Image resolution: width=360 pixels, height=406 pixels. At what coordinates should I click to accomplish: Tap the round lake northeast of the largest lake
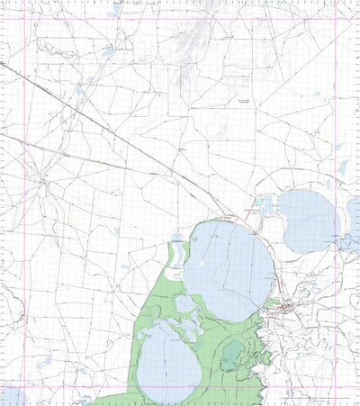tap(309, 221)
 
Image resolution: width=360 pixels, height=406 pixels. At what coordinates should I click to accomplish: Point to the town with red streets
tap(286, 311)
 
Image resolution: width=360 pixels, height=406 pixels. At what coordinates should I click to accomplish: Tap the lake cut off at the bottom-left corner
tap(13, 396)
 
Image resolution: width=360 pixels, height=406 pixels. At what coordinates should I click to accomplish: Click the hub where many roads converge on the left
tap(41, 180)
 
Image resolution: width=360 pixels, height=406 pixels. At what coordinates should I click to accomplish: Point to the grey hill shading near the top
tap(193, 41)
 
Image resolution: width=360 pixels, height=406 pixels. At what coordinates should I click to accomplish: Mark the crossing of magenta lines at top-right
tap(336, 17)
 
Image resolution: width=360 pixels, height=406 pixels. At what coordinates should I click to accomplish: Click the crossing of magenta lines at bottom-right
tap(336, 387)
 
